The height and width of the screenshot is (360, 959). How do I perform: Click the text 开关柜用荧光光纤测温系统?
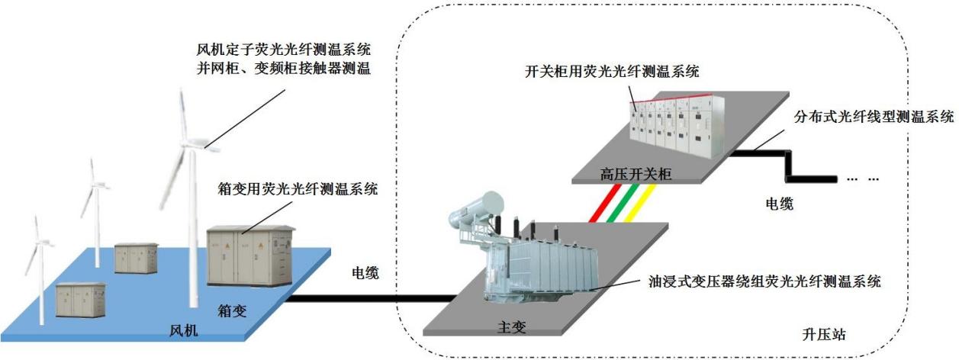(613, 72)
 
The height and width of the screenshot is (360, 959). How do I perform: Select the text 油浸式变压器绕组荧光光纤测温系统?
(761, 281)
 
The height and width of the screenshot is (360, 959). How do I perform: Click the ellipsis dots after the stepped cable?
(863, 178)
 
